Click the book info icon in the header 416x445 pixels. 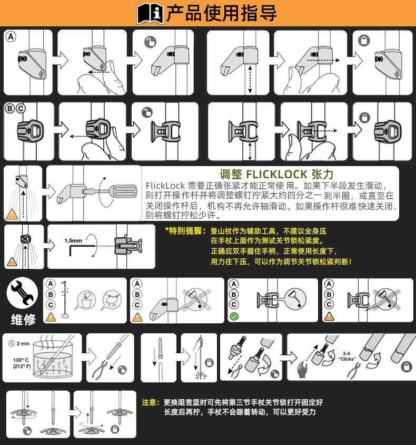[150, 13]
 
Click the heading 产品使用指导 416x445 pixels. [222, 13]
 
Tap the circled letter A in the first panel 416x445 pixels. [11, 36]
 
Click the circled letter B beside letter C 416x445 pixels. [10, 109]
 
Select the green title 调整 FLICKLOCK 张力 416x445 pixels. [276, 173]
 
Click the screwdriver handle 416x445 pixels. [124, 191]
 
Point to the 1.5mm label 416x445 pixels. [73, 240]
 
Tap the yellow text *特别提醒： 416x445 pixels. [186, 231]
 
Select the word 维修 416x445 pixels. [23, 320]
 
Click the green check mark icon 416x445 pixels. [234, 316]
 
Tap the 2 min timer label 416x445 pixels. [19, 343]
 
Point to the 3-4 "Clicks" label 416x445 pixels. [346, 356]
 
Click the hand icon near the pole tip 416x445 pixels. [302, 369]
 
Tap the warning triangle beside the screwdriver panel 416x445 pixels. [12, 214]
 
